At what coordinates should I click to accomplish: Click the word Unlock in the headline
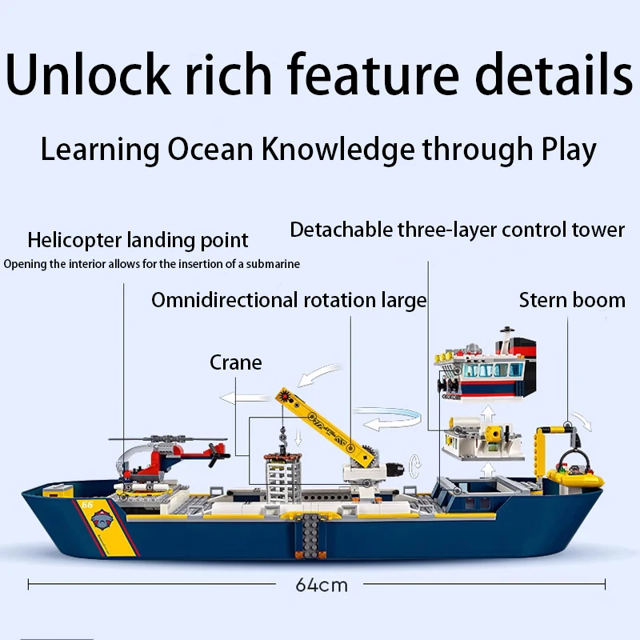coord(88,74)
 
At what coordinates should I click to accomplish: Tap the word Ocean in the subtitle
coord(210,149)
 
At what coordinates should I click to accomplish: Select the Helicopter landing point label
coord(138,240)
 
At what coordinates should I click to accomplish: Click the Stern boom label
coord(572,301)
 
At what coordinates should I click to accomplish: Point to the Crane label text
coord(236,362)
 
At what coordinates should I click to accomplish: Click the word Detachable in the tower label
coord(342,230)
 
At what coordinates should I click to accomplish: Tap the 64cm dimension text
coord(322,585)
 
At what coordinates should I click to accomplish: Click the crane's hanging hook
coord(282,438)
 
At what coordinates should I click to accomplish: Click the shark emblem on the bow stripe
coord(102,520)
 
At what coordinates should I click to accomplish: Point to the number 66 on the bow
coord(87,505)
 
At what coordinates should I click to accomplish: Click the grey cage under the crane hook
coord(283,478)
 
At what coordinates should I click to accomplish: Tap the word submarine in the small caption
coord(273,264)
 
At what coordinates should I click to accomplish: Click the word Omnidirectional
coord(225,301)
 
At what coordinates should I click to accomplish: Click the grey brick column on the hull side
coord(311,536)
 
